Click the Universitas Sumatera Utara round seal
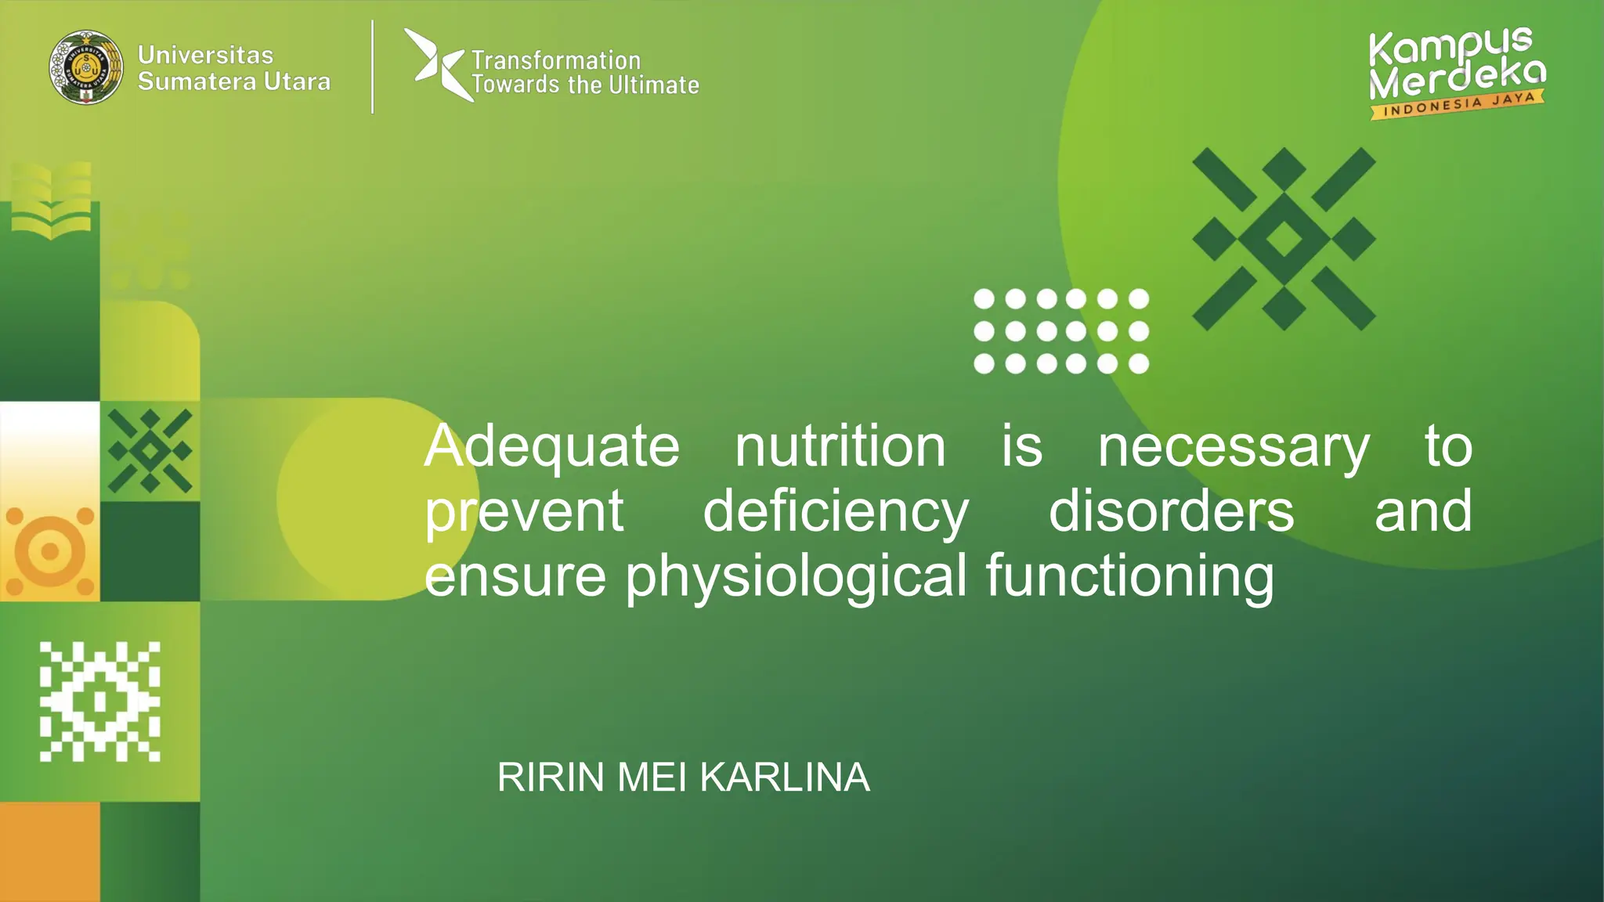click(86, 67)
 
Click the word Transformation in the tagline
click(556, 60)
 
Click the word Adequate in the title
click(551, 446)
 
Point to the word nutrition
click(840, 446)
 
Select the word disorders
click(1171, 511)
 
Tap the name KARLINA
click(784, 778)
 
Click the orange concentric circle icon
click(50, 551)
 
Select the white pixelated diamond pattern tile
click(100, 702)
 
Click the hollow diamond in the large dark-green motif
click(1284, 239)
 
